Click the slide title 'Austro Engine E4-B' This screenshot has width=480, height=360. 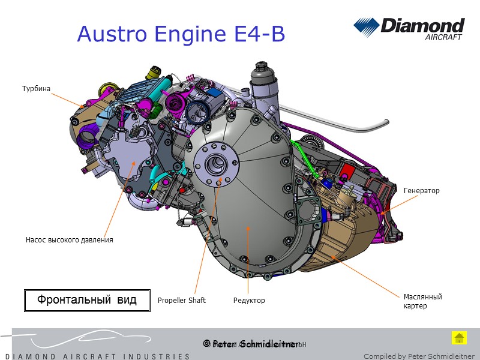tap(181, 35)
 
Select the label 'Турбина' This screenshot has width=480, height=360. tap(36, 89)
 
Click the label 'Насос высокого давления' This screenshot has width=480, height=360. tap(69, 240)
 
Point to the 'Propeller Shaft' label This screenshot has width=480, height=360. tap(181, 301)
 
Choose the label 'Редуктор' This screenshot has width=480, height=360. tap(249, 301)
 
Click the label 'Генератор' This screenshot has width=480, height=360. tap(421, 191)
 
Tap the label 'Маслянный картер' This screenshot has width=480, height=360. tap(422, 301)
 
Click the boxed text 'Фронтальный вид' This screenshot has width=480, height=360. tap(87, 299)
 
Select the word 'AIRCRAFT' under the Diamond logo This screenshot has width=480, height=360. tap(443, 37)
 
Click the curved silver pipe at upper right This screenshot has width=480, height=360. tap(354, 126)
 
